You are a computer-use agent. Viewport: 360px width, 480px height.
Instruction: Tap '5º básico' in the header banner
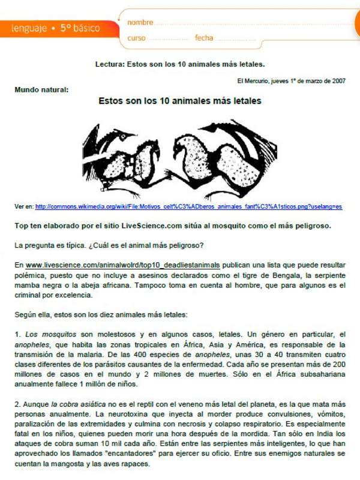tap(80, 28)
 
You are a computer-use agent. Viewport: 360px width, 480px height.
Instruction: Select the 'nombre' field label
tap(140, 22)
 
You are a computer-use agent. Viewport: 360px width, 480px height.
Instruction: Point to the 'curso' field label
tap(136, 38)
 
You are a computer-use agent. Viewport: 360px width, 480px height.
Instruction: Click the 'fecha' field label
tap(204, 38)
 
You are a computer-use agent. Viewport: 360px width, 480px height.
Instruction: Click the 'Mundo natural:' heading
tap(41, 90)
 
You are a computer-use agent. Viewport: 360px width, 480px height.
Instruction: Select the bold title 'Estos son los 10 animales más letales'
tap(180, 101)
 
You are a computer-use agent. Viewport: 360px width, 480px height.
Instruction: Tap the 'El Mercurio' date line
tap(291, 80)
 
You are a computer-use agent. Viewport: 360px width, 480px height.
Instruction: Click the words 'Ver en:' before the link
tap(24, 206)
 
